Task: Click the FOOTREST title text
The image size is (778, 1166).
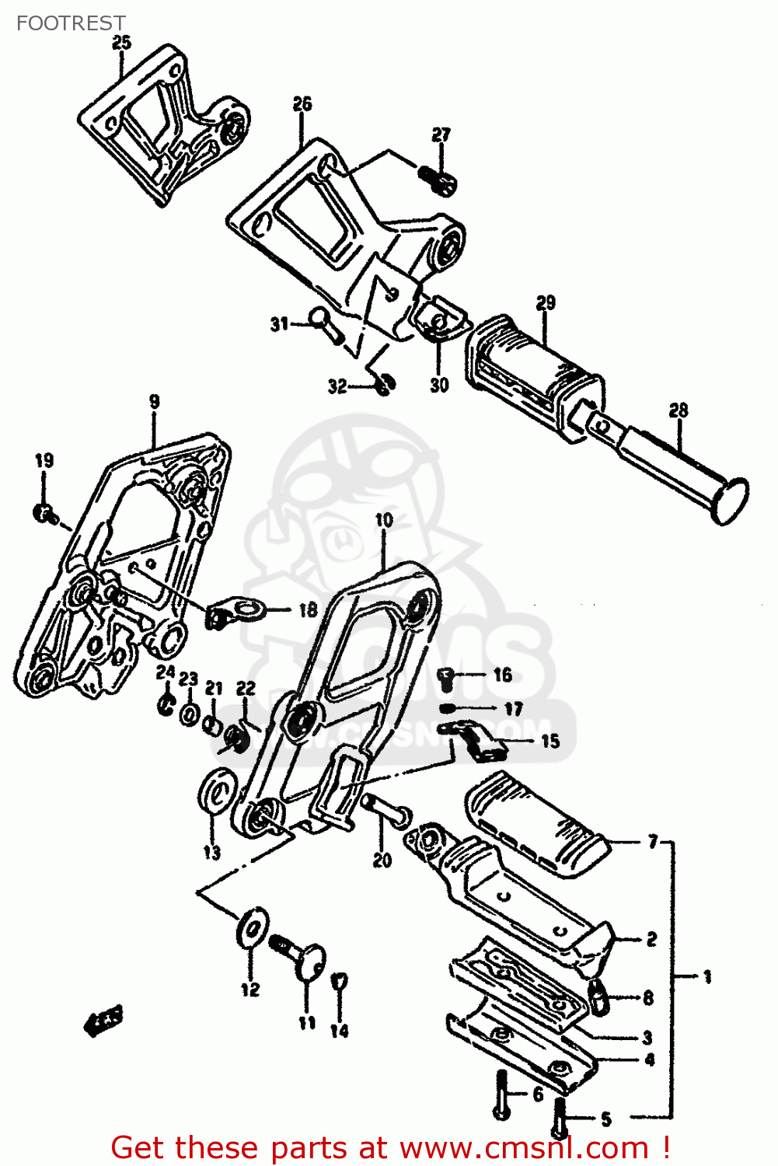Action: [x=71, y=23]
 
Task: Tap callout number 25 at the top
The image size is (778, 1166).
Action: [x=122, y=43]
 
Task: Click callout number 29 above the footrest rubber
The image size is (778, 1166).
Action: [x=546, y=302]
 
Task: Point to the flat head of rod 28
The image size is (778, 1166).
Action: [x=731, y=501]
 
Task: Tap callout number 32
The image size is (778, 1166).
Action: [x=337, y=386]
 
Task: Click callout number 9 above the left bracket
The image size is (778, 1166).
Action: [x=155, y=401]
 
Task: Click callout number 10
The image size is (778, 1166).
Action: [x=384, y=520]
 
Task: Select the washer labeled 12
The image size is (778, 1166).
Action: [x=251, y=927]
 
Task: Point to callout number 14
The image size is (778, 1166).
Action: [x=340, y=1031]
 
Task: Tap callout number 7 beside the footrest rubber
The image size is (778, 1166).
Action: [x=652, y=842]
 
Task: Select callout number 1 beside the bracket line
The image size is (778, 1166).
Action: [x=706, y=976]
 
